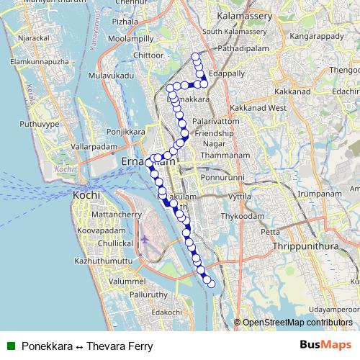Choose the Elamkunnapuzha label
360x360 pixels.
click(37, 62)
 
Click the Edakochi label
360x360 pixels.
click(167, 312)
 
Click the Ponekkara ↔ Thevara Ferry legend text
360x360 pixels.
click(86, 346)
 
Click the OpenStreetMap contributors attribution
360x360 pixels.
click(297, 323)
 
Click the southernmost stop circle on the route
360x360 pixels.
click(212, 284)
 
